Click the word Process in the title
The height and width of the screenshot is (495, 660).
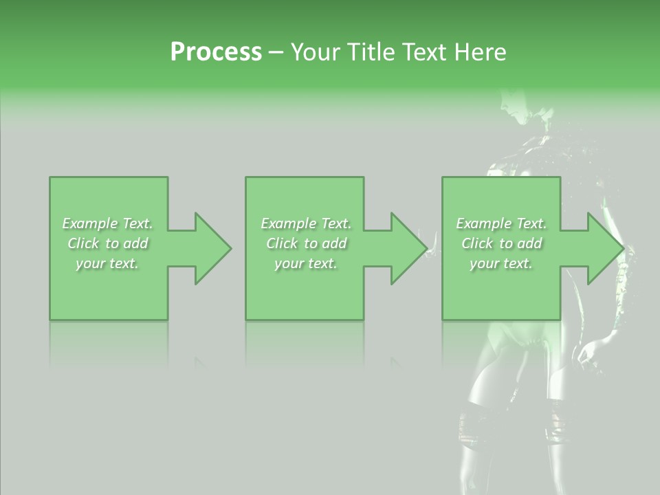click(216, 52)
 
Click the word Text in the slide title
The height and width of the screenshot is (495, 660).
click(423, 52)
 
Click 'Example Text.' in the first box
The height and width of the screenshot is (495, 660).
click(107, 223)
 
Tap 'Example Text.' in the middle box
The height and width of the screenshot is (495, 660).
click(306, 223)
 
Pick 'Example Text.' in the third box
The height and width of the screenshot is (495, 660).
click(501, 223)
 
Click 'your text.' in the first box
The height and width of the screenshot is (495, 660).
click(107, 263)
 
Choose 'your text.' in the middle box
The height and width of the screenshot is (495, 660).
click(306, 263)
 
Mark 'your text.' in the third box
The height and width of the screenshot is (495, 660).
click(501, 263)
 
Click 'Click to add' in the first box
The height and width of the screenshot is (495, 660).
click(108, 243)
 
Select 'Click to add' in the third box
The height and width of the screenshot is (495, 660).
click(502, 243)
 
